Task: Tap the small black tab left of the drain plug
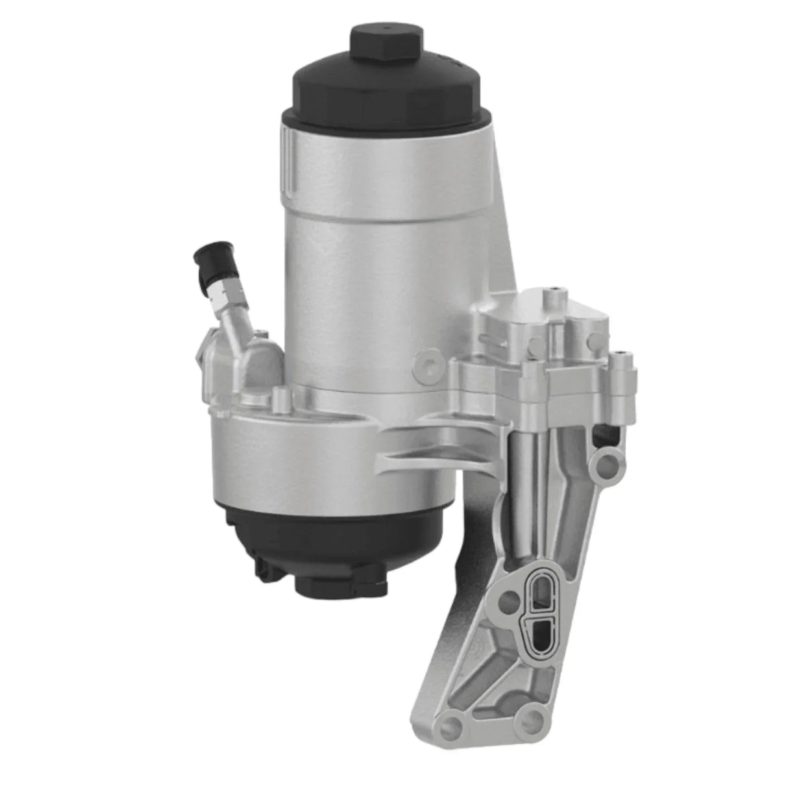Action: click(264, 567)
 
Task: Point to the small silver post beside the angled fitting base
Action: click(280, 397)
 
